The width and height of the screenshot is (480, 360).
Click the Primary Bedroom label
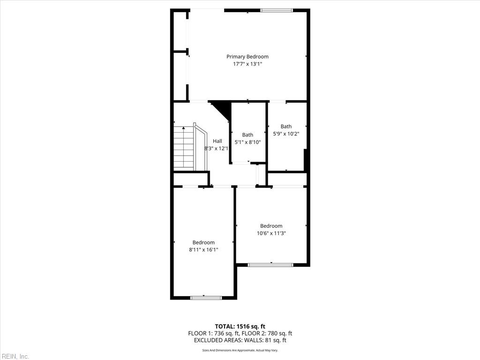point(247,57)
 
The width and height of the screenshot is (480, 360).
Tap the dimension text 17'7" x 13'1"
point(247,64)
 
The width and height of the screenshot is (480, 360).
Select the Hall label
point(217,141)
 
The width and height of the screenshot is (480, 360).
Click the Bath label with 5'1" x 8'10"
point(247,135)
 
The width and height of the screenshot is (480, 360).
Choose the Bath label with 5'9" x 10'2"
point(286,126)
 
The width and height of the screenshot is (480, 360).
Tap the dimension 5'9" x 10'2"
point(286,134)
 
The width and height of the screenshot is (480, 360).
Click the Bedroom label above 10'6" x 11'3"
point(271,226)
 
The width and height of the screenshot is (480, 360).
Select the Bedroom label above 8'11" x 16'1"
point(203,242)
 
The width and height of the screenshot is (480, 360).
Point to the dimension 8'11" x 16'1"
point(203,250)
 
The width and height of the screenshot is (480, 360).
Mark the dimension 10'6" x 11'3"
point(271,233)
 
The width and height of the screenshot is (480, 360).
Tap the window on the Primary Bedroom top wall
point(277,10)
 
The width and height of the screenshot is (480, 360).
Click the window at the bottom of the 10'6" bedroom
point(270,265)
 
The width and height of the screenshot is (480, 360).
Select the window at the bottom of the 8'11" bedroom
point(206,297)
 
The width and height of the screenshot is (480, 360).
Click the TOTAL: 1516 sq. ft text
point(240,326)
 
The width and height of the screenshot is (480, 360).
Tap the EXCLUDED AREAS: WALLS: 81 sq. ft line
point(240,340)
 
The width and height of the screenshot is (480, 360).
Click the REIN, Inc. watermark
point(15,356)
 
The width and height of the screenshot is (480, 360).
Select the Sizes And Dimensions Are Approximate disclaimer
point(240,350)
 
